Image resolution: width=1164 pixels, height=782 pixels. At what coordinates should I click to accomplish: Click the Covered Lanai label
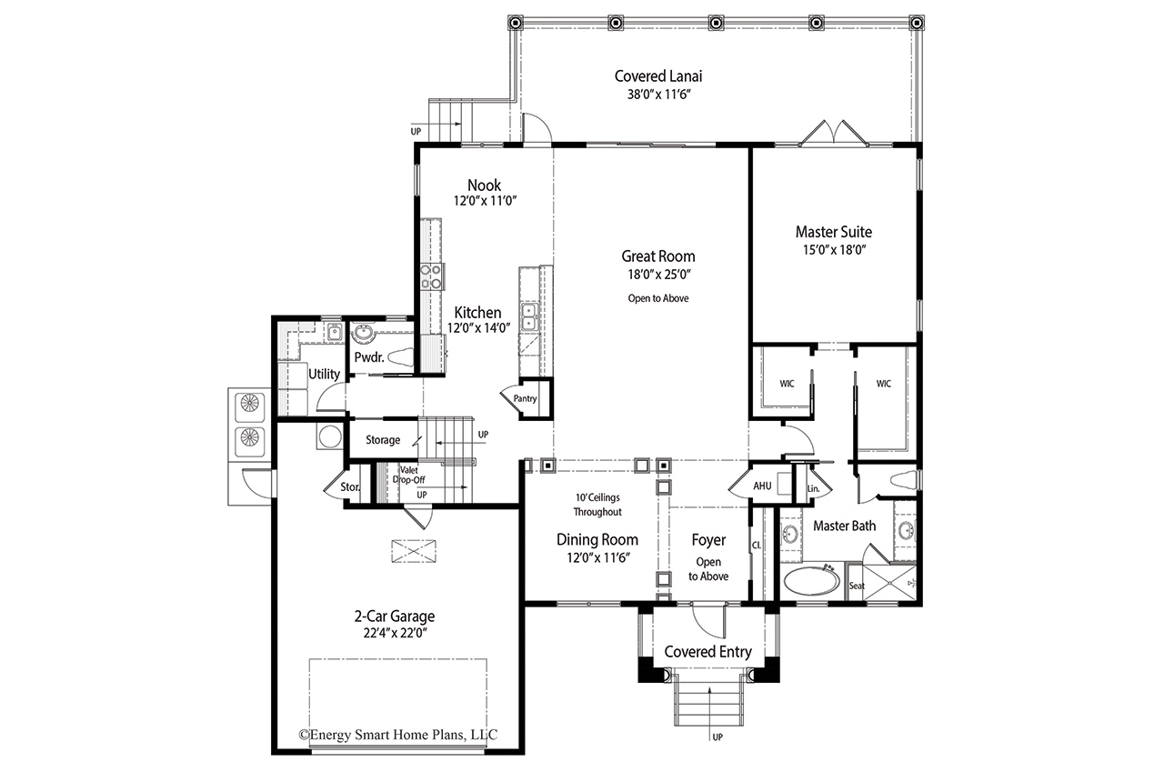coord(657,76)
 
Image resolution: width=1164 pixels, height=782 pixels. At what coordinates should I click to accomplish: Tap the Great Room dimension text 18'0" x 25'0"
coord(658,275)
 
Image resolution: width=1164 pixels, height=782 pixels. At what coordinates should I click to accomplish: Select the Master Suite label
coord(834,232)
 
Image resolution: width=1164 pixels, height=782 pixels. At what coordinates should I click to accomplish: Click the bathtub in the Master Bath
coord(811,580)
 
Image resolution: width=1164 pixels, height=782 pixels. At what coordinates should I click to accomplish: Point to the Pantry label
coord(525,398)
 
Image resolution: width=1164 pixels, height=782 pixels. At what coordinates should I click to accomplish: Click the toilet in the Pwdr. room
coord(400,357)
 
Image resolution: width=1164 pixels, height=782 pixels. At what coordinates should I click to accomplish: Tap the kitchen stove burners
coord(431,277)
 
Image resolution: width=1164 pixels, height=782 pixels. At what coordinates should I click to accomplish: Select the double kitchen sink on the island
coord(529,317)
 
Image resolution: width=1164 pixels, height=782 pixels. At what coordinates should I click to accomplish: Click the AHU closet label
coord(762,486)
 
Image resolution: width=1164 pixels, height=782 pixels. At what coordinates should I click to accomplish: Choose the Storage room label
coord(383,440)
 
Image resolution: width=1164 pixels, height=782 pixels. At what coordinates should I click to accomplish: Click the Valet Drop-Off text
coord(409,475)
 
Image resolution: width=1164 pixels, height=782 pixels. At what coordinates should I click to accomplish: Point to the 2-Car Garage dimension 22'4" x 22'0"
coord(395,633)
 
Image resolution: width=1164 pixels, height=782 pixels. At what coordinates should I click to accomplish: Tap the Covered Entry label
coord(707,652)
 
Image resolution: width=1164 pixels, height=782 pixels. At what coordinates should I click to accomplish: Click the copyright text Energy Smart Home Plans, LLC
coord(398,734)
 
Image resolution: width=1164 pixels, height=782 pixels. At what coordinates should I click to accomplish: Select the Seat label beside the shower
coord(857,586)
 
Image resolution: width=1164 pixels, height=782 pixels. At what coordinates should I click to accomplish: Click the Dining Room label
coord(597,540)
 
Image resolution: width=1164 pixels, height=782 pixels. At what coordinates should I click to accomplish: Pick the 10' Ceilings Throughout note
coord(597,505)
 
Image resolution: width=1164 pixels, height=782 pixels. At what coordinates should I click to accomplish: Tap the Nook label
coord(485,185)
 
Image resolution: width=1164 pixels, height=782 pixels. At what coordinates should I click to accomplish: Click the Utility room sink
coord(335,333)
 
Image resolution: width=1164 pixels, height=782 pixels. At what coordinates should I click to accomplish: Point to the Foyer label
coord(708,540)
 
